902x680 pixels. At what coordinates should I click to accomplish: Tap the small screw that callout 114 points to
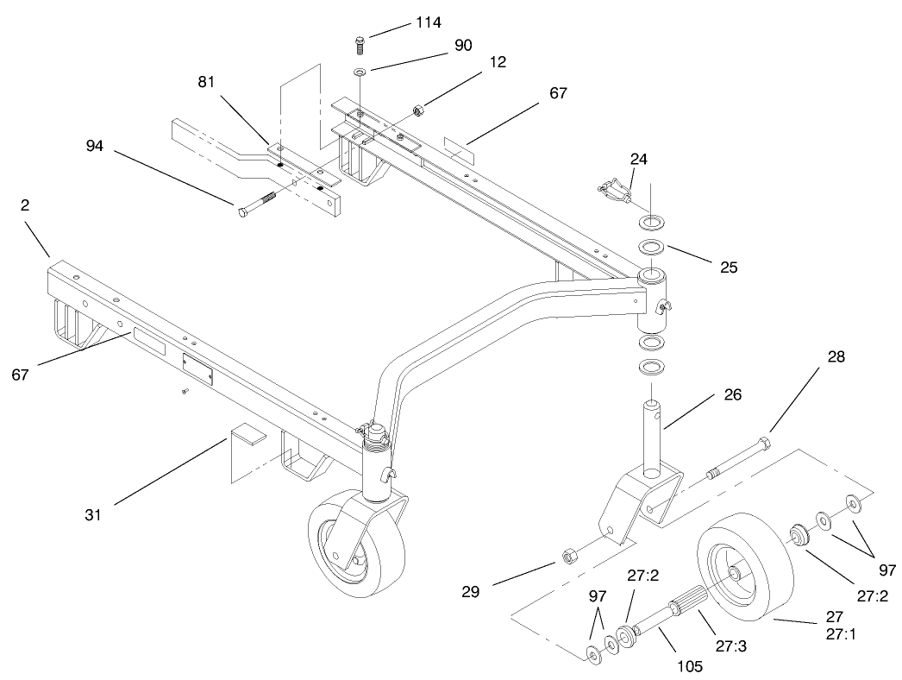pos(360,42)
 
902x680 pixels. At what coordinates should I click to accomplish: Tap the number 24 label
pos(639,159)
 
